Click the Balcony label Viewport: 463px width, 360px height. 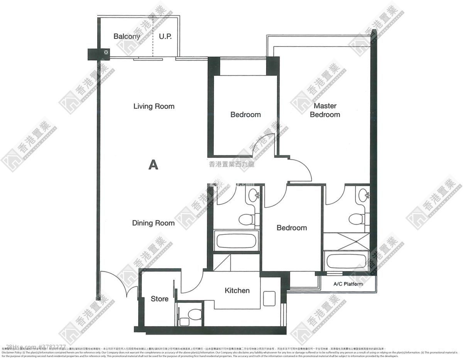(x=127, y=37)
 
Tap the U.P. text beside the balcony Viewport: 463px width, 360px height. (x=165, y=37)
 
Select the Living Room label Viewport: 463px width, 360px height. (x=154, y=106)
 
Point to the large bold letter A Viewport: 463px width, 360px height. (x=153, y=165)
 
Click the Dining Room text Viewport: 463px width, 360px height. (x=153, y=223)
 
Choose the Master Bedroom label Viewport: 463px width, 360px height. (x=325, y=110)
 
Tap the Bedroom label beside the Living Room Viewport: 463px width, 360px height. (x=245, y=114)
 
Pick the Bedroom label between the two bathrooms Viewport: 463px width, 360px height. (x=292, y=228)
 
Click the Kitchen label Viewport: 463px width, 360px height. (x=237, y=291)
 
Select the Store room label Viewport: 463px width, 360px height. (x=159, y=299)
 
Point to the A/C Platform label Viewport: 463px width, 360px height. (x=348, y=284)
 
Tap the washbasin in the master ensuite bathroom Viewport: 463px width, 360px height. (x=363, y=194)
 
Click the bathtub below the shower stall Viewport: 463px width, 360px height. (x=346, y=261)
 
